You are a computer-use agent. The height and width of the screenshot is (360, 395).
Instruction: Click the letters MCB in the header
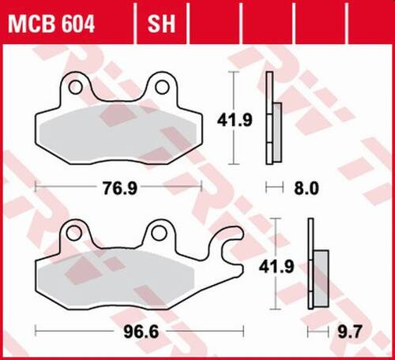coord(32,25)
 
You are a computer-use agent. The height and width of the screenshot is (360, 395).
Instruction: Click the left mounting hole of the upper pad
coord(76,84)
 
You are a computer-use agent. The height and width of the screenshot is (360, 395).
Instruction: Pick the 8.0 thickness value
coord(306,188)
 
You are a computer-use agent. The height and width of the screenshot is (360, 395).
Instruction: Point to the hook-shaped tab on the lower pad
coord(231,241)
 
